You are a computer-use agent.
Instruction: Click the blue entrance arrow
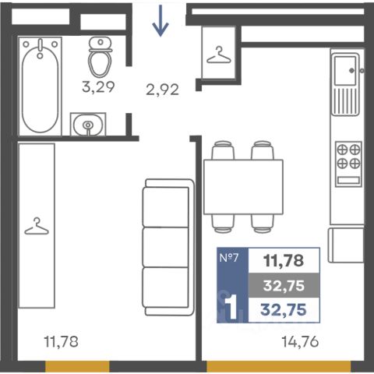(161, 21)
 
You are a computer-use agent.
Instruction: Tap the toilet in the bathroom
(100, 57)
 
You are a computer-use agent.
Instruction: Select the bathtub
(40, 86)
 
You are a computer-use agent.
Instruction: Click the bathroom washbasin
(88, 124)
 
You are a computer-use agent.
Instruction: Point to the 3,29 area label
(98, 86)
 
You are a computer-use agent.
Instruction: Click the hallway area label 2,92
(163, 90)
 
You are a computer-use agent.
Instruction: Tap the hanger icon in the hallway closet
(219, 55)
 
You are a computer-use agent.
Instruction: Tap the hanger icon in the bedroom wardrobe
(37, 226)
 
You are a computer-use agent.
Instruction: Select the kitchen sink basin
(345, 70)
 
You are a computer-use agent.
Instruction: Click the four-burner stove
(348, 164)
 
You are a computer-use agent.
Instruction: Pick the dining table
(243, 187)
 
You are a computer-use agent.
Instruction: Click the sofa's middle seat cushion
(165, 247)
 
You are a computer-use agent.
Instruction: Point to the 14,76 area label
(300, 342)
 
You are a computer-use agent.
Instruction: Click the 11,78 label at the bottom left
(62, 342)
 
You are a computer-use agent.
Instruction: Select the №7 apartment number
(229, 258)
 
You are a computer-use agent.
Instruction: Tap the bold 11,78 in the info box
(284, 261)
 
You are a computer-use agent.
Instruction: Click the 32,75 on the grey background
(284, 286)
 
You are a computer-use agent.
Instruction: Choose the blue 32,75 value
(284, 310)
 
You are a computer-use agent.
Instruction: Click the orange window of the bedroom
(77, 366)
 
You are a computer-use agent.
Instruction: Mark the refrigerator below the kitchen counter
(346, 245)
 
